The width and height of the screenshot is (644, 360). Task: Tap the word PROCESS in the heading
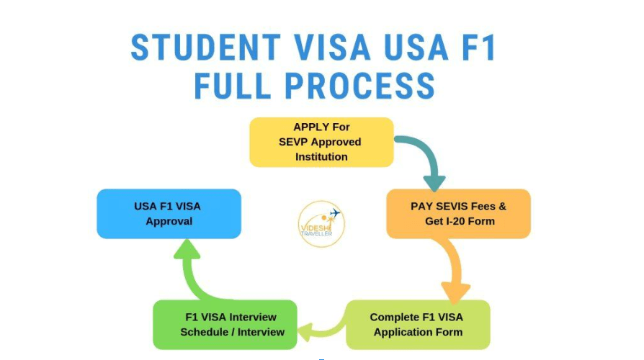click(359, 86)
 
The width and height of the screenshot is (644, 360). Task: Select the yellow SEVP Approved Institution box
click(321, 142)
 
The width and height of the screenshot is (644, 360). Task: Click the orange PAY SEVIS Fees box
click(458, 213)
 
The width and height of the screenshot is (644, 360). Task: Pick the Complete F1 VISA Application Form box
click(418, 325)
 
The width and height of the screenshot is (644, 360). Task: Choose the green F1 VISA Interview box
click(225, 325)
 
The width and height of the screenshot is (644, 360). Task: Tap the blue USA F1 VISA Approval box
click(169, 213)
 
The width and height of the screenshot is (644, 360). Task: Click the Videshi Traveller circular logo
click(321, 224)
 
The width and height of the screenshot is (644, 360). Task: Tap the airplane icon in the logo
click(335, 213)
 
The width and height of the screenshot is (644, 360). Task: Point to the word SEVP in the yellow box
click(292, 142)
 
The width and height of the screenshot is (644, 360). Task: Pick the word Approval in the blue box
click(169, 222)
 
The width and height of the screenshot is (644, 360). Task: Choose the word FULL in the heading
click(233, 86)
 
